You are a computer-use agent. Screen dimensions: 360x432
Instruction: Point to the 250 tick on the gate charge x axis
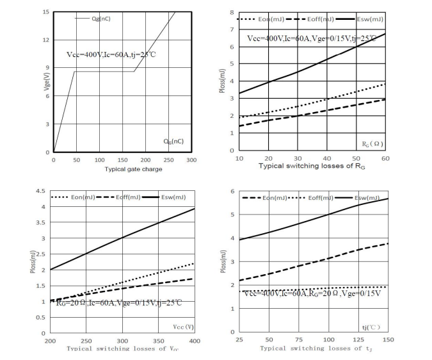click(169, 160)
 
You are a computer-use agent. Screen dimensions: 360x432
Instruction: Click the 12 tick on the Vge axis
click(46, 40)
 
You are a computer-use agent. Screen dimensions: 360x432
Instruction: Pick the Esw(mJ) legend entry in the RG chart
click(367, 19)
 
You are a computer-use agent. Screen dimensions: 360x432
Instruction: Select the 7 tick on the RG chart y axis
click(232, 30)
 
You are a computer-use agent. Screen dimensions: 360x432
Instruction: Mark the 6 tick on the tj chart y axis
click(233, 192)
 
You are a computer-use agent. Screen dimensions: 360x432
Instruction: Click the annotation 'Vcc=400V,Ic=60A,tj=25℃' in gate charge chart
click(111, 54)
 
